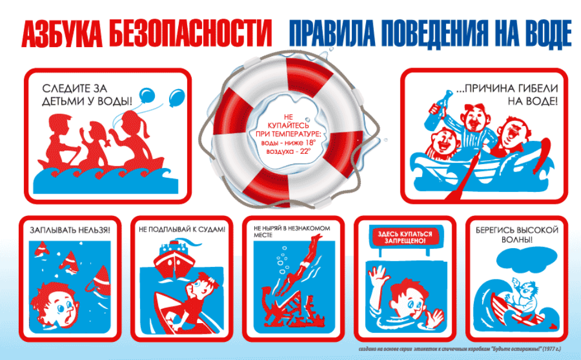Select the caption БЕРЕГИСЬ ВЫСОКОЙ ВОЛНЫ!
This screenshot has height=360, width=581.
pos(516,235)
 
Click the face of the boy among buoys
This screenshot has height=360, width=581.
pos(57,306)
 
